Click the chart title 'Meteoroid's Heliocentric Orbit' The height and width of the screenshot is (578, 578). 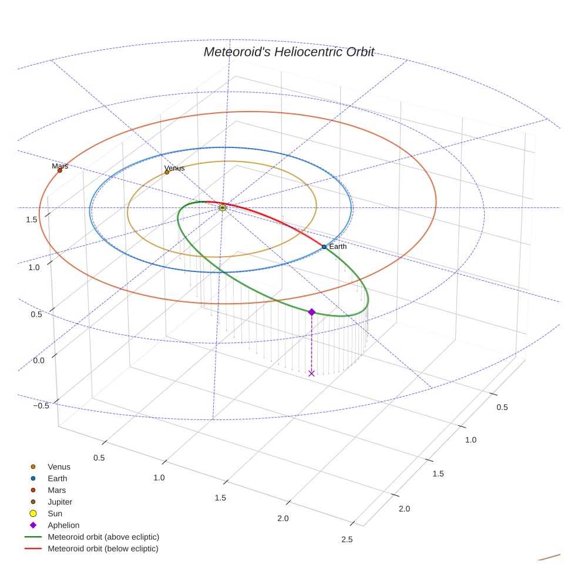[x=288, y=52]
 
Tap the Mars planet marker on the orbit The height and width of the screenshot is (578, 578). [x=60, y=170]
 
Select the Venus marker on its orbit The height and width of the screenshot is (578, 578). [x=167, y=172]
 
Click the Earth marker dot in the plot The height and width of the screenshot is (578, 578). [x=324, y=247]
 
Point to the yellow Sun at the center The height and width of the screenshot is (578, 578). [x=223, y=207]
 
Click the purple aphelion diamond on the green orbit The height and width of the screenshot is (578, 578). [x=311, y=312]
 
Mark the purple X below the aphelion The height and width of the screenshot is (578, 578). [x=311, y=373]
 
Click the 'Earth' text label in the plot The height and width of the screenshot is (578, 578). [x=338, y=246]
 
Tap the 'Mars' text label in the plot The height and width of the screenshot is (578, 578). [x=60, y=166]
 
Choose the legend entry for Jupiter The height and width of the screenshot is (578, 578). [x=59, y=502]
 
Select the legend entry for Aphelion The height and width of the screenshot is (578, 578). [x=63, y=525]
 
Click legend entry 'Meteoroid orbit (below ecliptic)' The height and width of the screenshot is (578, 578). [x=103, y=549]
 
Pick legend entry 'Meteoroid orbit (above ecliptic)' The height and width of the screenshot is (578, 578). [x=103, y=537]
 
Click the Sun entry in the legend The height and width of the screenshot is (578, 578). [x=55, y=513]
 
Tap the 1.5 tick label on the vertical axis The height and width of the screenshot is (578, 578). [x=32, y=220]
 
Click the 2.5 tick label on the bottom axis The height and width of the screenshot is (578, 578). [x=347, y=540]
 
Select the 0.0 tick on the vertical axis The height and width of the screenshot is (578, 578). [x=39, y=359]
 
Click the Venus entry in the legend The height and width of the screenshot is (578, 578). [x=59, y=466]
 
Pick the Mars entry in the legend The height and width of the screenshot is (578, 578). [x=56, y=490]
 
